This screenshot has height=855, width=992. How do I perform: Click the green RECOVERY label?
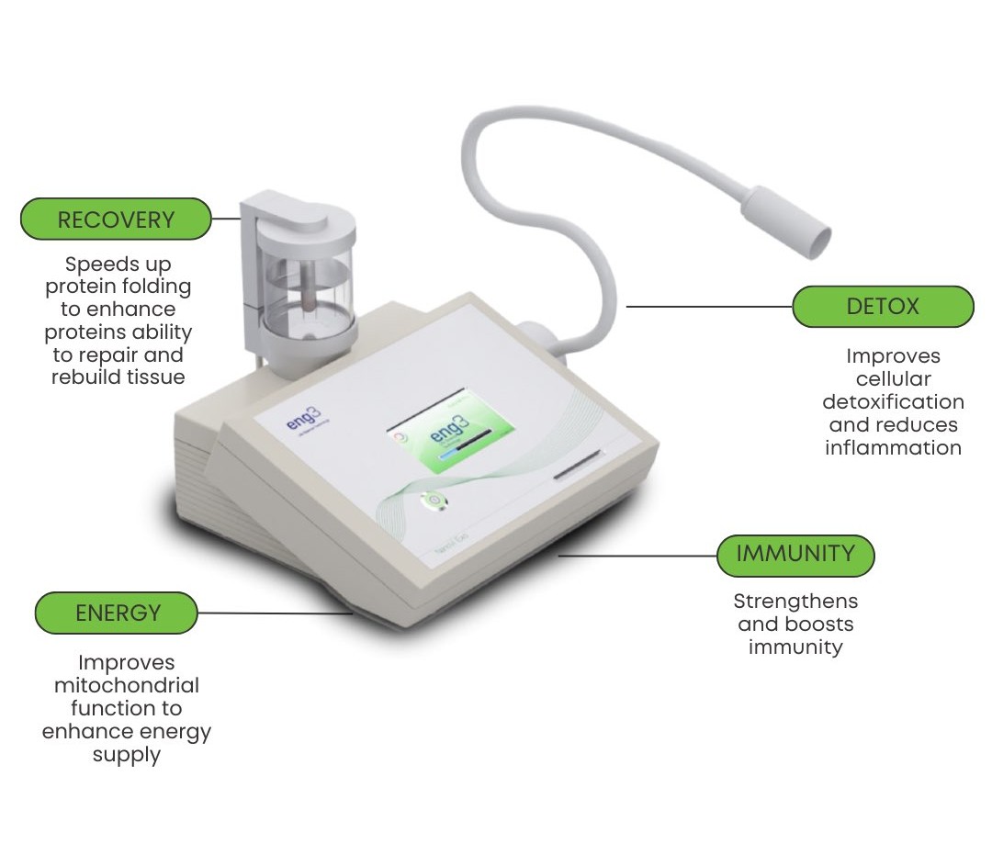(x=116, y=219)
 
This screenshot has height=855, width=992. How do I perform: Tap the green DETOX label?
(x=882, y=307)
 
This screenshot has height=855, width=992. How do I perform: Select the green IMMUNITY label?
(x=795, y=555)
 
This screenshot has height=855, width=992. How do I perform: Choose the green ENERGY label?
(x=117, y=613)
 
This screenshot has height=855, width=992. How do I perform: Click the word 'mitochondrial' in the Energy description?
(x=127, y=685)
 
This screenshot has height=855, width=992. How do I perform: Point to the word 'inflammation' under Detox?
(x=893, y=447)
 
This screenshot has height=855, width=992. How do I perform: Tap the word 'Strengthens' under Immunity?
(x=795, y=601)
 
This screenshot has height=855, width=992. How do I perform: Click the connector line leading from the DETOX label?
(x=707, y=307)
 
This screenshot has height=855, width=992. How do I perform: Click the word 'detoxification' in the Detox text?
(x=893, y=401)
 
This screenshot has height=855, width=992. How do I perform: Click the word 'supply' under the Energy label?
(x=127, y=755)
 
